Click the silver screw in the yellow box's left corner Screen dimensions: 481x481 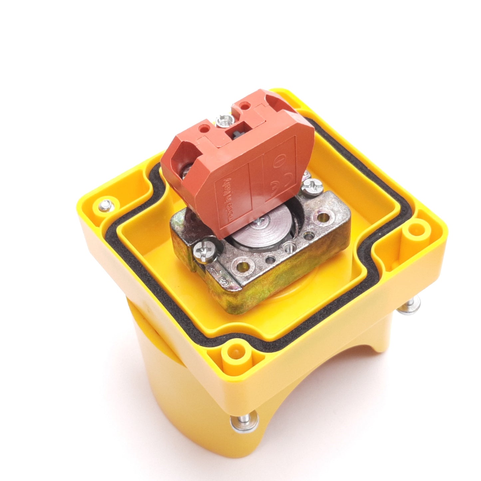coord(105,203)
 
